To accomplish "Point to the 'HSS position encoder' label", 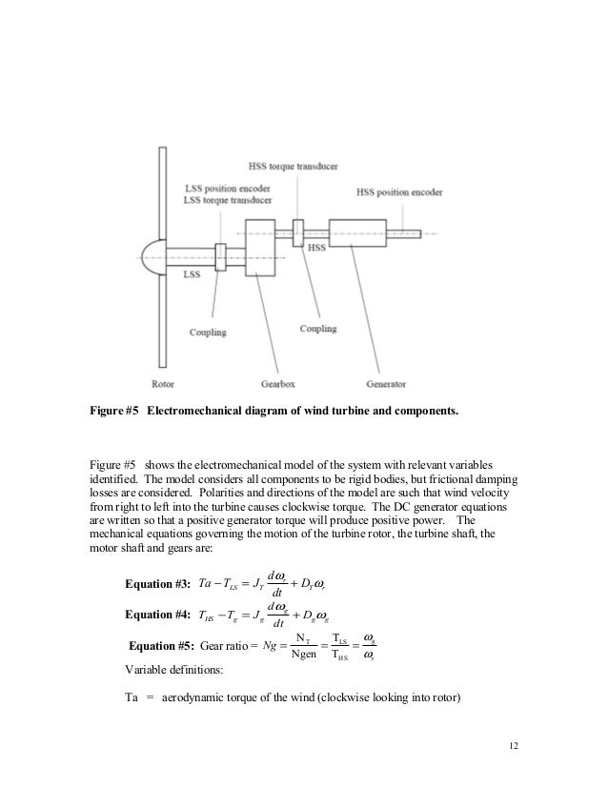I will click(x=400, y=192).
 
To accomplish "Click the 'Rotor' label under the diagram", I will click(x=163, y=384).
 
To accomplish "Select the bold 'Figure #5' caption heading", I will click(x=108, y=413).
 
